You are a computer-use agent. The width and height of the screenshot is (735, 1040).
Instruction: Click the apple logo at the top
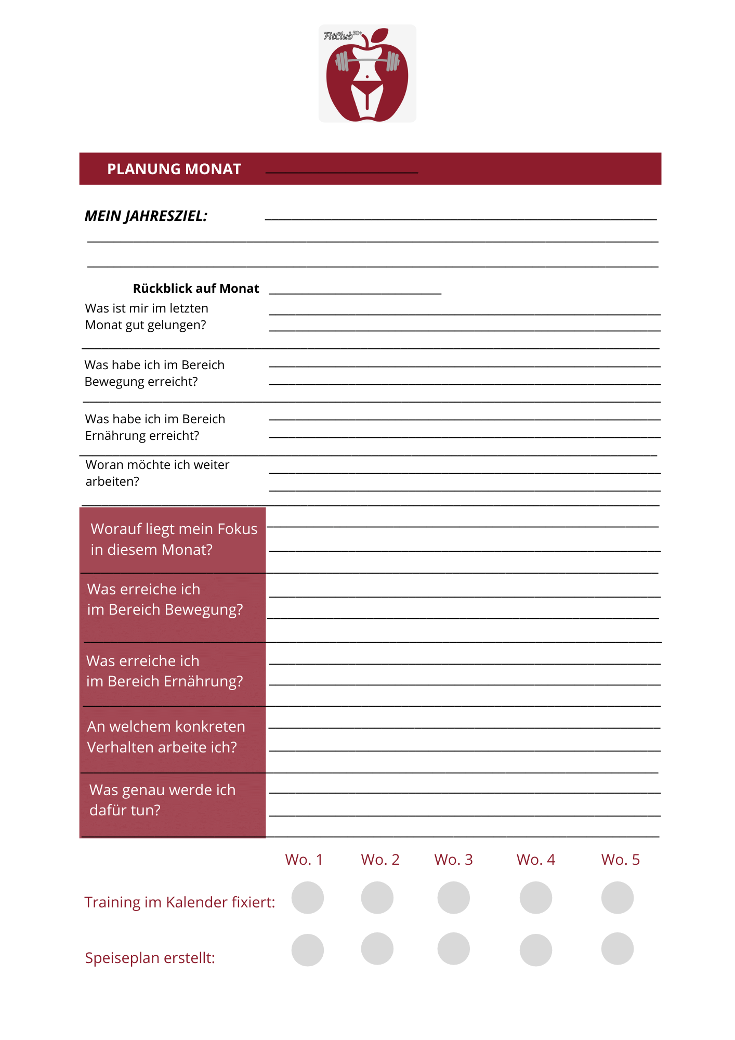[x=367, y=74]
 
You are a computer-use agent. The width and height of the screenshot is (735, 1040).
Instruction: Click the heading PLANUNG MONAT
[x=174, y=169]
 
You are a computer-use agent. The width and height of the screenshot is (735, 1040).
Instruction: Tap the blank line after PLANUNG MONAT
[x=342, y=171]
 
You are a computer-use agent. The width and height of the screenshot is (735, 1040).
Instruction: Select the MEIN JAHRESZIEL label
[x=146, y=216]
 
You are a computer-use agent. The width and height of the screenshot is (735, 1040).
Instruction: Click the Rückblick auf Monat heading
[x=196, y=289]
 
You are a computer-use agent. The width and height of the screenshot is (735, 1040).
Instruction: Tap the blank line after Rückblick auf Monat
[x=355, y=293]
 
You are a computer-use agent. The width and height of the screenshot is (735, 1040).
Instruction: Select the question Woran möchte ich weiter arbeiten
[x=157, y=473]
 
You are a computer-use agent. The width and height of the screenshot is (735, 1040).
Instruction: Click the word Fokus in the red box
[x=238, y=529]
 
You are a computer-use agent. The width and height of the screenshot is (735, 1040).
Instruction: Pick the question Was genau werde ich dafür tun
[x=162, y=800]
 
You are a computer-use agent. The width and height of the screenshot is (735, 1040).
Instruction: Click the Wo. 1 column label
[x=304, y=860]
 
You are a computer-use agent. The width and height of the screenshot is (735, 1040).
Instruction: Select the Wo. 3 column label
[x=453, y=860]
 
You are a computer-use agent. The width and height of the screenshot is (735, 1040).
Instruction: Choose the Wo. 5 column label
[x=620, y=860]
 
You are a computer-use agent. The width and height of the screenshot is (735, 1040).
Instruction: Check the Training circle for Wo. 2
[x=377, y=898]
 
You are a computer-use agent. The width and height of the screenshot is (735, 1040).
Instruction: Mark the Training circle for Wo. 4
[x=536, y=898]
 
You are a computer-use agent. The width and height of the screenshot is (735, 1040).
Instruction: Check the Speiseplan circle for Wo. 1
[x=308, y=950]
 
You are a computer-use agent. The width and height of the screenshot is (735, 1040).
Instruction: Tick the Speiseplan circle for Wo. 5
[x=618, y=948]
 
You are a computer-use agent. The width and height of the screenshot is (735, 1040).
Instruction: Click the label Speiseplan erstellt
[x=150, y=958]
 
